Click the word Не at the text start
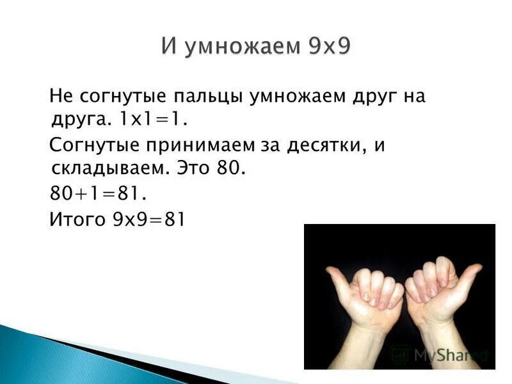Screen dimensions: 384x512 pyautogui.click(x=61, y=97)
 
